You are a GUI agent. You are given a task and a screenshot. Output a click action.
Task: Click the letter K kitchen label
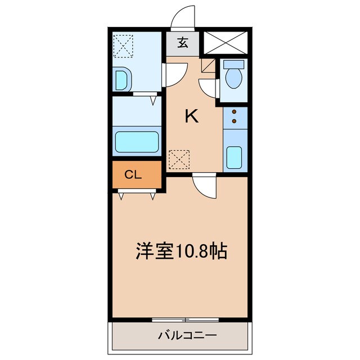coord(192,116)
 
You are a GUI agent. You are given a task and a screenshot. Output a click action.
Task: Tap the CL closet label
coord(133,174)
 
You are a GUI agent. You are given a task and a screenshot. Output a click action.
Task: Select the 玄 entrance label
coord(183,42)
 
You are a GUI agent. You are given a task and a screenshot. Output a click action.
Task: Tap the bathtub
coord(137,141)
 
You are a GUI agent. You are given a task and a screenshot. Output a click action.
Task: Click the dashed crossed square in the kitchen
coord(179,159)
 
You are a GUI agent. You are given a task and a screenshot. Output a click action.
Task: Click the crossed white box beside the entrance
coord(226,42)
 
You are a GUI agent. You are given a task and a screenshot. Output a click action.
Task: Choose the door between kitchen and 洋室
coord(203,184)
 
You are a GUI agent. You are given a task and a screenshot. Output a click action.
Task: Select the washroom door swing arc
coord(175,74)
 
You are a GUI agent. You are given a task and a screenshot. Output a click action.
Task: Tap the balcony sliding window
coord(185,319)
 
